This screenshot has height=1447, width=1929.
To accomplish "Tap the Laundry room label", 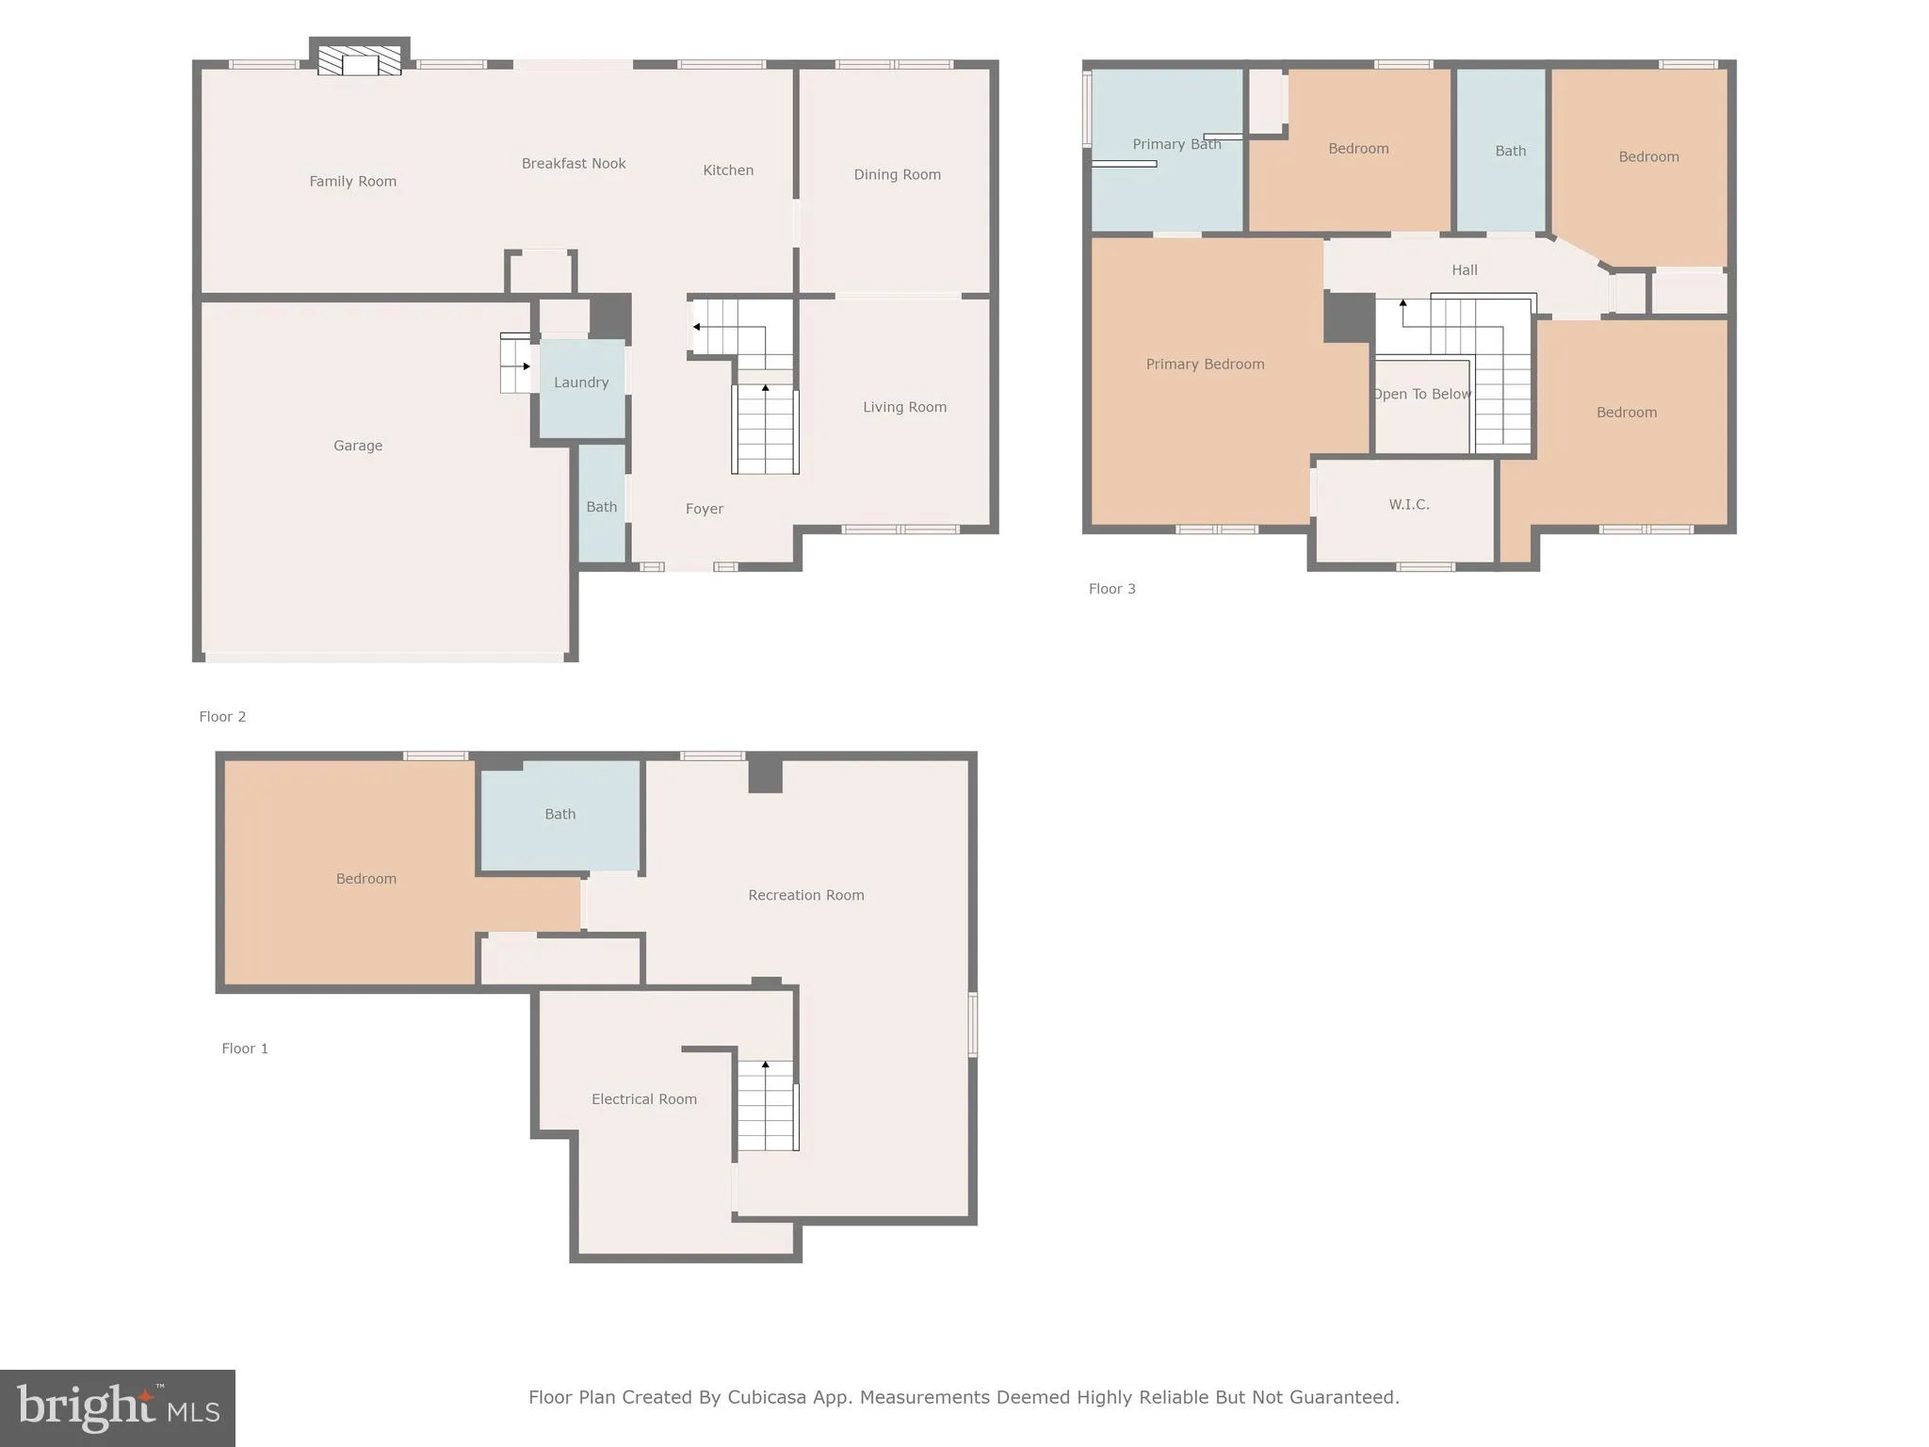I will point(581,382).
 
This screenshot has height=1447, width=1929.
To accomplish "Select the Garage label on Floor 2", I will point(358,446).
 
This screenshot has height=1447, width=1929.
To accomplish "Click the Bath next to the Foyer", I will point(602,507).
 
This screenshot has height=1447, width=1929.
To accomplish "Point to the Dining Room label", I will point(897,174).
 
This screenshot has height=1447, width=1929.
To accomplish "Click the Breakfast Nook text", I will point(574,164).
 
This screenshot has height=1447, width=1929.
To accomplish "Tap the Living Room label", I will point(904,407).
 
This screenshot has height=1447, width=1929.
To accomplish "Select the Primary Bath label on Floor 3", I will point(1176,144).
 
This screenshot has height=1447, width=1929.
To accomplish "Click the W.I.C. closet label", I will point(1409,505).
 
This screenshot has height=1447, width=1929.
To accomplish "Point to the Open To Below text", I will point(1421,394).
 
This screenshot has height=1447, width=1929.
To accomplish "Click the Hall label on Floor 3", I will point(1464,270).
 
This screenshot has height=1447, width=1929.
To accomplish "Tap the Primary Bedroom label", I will point(1205,365).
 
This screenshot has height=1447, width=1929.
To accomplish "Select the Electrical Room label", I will point(644,1099).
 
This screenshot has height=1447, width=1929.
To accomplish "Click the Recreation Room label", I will point(806,895).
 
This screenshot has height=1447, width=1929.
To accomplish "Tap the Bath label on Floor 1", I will point(559,814).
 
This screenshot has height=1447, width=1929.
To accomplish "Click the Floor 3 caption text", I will point(1111,589).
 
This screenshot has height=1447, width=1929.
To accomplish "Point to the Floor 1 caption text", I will point(245,1049).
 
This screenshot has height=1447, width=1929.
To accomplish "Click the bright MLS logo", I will point(118,1408).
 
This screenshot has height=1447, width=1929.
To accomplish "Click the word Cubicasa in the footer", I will point(766,1397).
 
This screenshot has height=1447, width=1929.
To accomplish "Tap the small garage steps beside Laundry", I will point(515,364).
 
